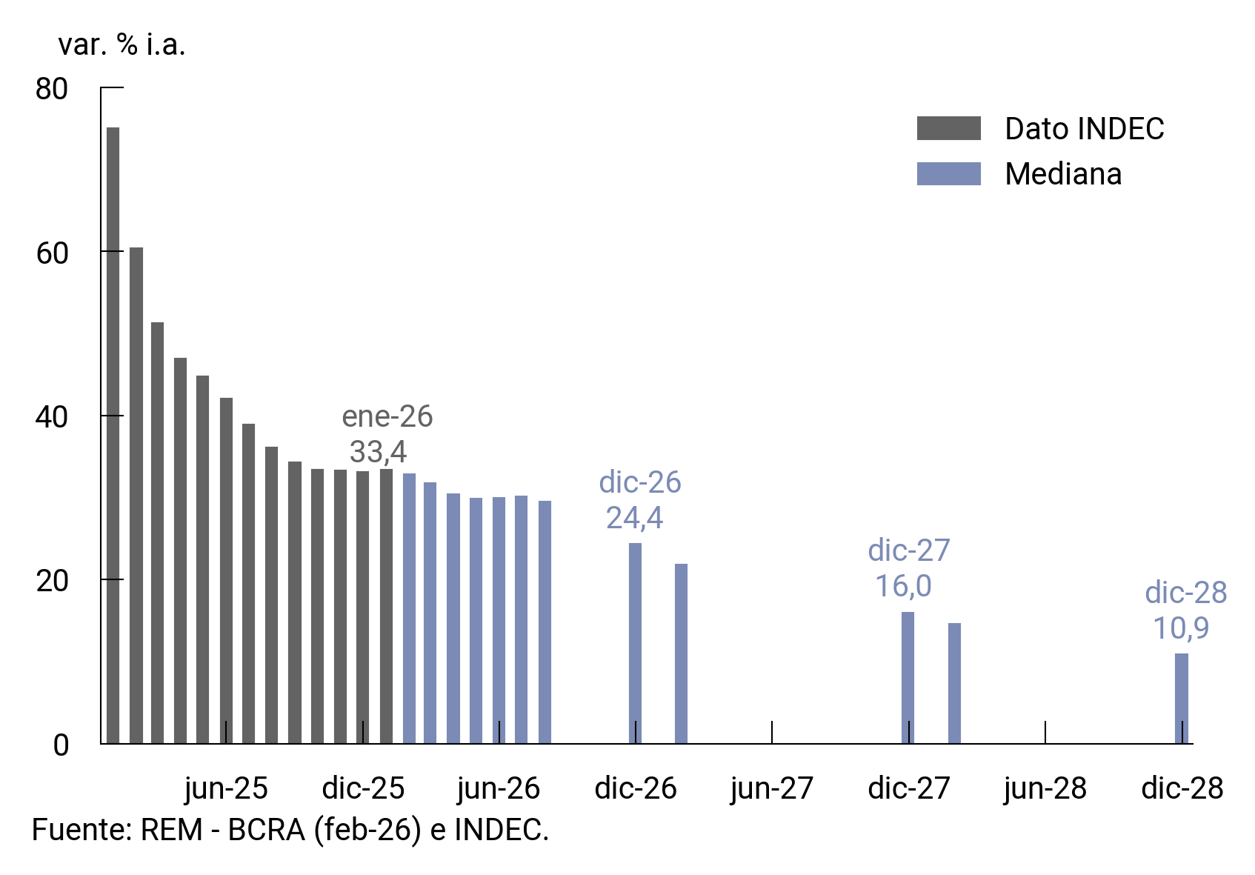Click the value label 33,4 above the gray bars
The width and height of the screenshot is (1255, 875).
[x=378, y=452]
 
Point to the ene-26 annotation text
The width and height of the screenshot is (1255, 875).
[x=387, y=416]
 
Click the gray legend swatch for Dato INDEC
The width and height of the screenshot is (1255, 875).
[x=948, y=128]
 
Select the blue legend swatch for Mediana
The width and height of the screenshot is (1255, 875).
[x=948, y=173]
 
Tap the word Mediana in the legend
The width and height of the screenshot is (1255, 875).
[x=1062, y=174]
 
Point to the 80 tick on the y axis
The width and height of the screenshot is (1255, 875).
[x=52, y=89]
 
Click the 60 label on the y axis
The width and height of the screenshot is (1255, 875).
[x=52, y=253]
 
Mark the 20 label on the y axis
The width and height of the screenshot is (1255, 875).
[x=52, y=581]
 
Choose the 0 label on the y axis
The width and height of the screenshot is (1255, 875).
[x=61, y=745]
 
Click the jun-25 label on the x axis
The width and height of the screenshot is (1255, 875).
[x=226, y=788]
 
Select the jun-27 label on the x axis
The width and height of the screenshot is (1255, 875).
[x=772, y=788]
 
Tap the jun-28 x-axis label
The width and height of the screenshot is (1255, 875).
[x=1045, y=788]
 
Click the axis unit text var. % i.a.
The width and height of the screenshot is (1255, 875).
[x=121, y=45]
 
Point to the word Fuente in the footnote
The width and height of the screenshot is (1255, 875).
[x=80, y=830]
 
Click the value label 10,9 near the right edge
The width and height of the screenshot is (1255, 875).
[x=1180, y=628]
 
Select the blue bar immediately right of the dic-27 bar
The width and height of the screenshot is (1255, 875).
[x=954, y=683]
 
